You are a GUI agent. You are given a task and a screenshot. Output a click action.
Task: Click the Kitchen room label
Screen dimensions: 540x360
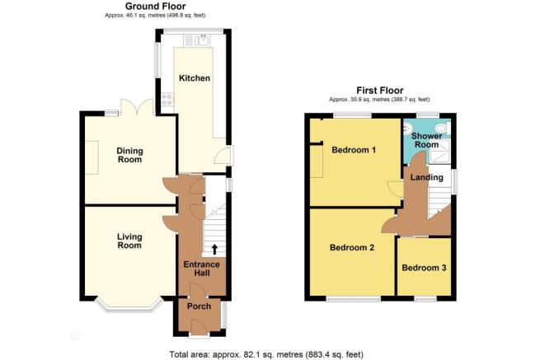coord(195,78)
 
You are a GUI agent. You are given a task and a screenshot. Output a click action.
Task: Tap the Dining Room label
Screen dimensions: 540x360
coord(129,155)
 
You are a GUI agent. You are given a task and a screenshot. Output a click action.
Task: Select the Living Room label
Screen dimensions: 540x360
coord(129,241)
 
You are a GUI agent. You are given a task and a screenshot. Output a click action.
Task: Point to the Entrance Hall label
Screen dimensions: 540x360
coord(201,269)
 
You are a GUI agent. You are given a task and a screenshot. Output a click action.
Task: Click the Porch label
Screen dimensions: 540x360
coord(199,306)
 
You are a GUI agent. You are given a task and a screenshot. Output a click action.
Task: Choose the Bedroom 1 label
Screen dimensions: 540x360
coord(354,150)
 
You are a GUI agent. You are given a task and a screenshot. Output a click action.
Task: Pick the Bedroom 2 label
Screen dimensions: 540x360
coord(352,247)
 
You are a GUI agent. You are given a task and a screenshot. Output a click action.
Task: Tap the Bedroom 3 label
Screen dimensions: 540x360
coord(424,268)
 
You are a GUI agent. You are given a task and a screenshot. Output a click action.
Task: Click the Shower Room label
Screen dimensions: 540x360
coord(426,140)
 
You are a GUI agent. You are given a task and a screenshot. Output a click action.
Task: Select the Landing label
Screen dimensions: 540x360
coord(427,177)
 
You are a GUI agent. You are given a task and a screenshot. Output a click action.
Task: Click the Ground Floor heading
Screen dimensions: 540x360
coord(155,7)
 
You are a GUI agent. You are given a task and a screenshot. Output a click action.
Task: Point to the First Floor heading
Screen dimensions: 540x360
coord(379,91)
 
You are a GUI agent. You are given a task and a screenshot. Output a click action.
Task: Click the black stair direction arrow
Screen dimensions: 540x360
coord(214,249)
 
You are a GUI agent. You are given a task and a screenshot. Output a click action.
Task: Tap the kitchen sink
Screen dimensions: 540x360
coord(201,40)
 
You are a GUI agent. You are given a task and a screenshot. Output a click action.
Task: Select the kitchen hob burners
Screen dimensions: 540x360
coord(167,99)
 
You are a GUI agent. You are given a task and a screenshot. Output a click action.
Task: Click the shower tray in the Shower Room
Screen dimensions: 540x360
coord(439,151)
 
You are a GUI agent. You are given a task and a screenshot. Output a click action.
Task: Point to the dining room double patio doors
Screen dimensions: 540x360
coord(137,107)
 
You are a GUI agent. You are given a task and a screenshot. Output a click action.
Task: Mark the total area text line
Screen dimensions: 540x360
coord(266,354)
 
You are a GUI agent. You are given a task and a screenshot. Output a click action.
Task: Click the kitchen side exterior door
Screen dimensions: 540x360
coord(223,155)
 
